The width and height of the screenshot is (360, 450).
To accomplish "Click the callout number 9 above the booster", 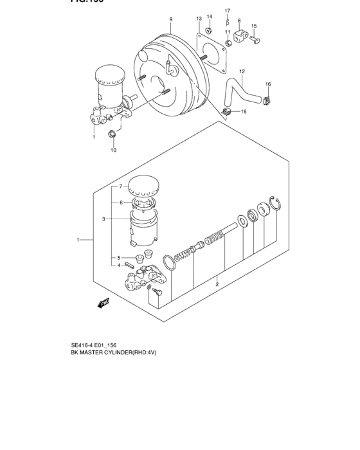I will (171, 19).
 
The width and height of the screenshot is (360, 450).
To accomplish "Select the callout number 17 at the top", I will (227, 11).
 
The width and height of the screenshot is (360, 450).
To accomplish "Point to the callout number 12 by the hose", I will (242, 71).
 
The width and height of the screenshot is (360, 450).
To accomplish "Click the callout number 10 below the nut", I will (113, 150).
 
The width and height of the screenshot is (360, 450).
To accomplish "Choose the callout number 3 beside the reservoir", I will (103, 219).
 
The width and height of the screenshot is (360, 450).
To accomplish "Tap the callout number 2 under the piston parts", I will (217, 284).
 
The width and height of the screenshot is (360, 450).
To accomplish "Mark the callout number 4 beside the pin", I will (118, 265).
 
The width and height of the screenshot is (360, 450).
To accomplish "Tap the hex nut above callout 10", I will (113, 134).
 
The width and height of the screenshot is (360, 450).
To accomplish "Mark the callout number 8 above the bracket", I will (239, 21).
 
